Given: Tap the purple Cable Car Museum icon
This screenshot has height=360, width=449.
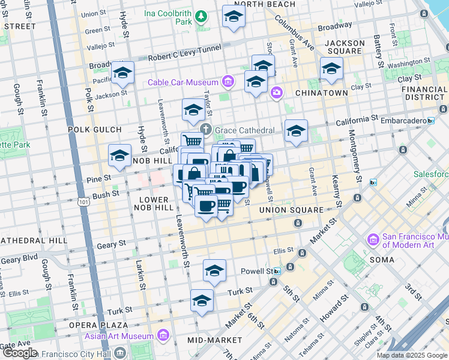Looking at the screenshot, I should [228, 81].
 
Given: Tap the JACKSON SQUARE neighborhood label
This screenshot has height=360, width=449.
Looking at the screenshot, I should [344, 47].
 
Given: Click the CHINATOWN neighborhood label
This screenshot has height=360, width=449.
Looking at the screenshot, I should [322, 93].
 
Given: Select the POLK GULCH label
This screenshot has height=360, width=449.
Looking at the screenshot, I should [87, 129].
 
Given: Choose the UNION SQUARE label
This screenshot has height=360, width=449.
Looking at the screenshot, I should [291, 211].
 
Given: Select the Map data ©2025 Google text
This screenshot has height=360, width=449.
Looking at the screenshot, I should [412, 355].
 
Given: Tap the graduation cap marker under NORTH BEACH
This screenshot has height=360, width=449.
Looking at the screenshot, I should [234, 17].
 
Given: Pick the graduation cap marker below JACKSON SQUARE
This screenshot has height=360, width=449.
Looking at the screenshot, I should [331, 69].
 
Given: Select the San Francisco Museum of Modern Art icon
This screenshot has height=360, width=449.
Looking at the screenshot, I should [373, 240].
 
